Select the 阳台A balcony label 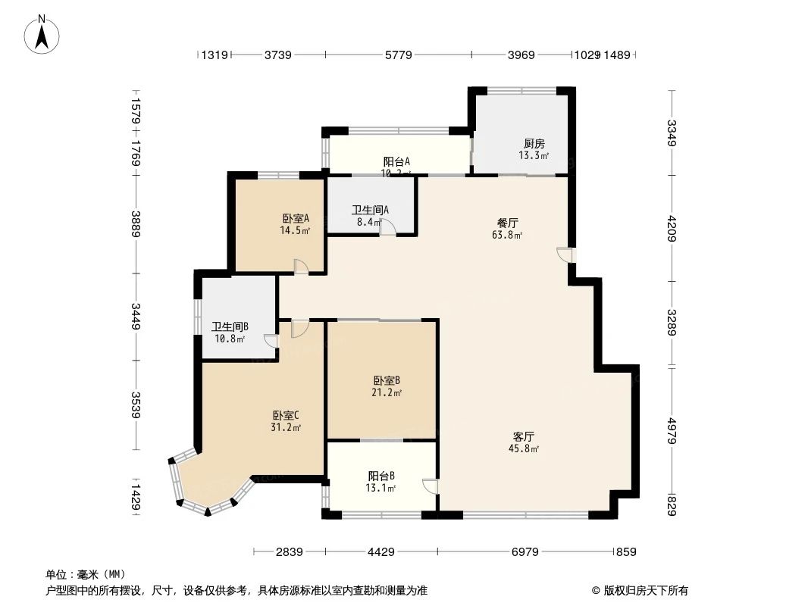pyautogui.click(x=396, y=161)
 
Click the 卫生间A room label pyautogui.click(x=370, y=211)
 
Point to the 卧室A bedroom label pyautogui.click(x=295, y=219)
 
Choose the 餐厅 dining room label pyautogui.click(x=507, y=223)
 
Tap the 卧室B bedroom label pyautogui.click(x=387, y=381)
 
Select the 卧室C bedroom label pyautogui.click(x=287, y=415)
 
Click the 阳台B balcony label pyautogui.click(x=381, y=476)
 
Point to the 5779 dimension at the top pyautogui.click(x=398, y=55)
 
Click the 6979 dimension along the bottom pyautogui.click(x=525, y=552)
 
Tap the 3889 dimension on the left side pyautogui.click(x=135, y=224)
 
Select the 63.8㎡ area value pyautogui.click(x=508, y=235)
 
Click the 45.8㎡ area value pyautogui.click(x=525, y=449)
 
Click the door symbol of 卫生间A pyautogui.click(x=387, y=226)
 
